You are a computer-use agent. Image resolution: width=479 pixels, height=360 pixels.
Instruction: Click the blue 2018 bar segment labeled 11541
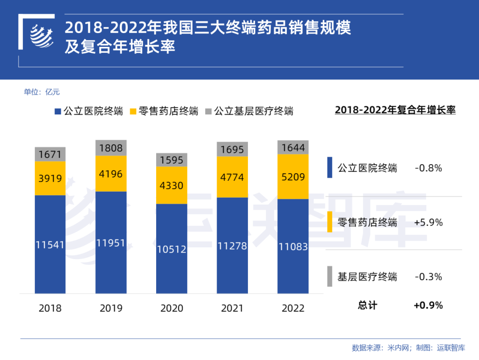point(50,244)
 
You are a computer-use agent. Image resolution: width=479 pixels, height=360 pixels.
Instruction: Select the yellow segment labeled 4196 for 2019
point(111,174)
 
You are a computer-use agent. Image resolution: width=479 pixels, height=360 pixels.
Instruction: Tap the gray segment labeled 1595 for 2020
point(172,160)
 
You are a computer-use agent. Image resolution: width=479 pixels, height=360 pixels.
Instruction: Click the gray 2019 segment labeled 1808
point(111,148)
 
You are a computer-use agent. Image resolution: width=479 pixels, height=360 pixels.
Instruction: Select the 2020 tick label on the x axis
point(172,308)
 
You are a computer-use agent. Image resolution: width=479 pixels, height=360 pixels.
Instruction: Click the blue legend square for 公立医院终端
point(57,111)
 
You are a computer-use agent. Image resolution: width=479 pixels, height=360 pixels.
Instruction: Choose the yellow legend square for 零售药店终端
point(133,111)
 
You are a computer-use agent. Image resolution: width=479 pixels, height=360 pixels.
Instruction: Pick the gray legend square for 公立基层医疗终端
point(208,111)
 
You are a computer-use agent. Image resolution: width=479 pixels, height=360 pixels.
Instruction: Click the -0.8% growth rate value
point(428,168)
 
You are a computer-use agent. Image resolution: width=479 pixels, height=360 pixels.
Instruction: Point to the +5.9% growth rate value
point(428,223)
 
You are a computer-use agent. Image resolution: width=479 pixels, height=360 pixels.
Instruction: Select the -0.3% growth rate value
point(428,277)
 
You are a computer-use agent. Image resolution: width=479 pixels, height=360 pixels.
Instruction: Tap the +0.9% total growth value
point(428,305)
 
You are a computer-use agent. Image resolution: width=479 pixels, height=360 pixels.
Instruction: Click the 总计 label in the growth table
point(368,305)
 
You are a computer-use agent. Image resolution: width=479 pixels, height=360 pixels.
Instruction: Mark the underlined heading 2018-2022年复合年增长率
point(395,110)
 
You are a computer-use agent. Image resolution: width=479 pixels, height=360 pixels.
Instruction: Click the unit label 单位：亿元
point(42,92)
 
